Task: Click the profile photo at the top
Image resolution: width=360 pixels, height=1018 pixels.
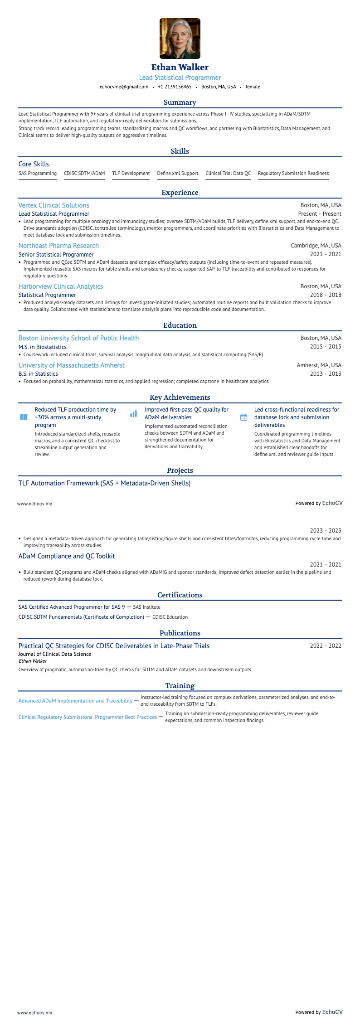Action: click(180, 39)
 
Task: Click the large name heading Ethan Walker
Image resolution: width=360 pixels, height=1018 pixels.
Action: click(180, 68)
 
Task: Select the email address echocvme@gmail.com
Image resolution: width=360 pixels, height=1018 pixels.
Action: click(124, 87)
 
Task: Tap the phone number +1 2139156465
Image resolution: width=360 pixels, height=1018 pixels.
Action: click(175, 87)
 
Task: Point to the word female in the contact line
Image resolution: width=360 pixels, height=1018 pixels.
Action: click(253, 87)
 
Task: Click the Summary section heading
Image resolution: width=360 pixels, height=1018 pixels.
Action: click(180, 102)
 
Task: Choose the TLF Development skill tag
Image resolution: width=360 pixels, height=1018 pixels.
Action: click(131, 173)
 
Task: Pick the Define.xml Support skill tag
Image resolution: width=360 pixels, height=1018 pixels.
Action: click(177, 173)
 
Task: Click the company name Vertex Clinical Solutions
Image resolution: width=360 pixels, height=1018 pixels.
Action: click(54, 205)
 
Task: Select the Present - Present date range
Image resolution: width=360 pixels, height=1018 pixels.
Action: click(319, 214)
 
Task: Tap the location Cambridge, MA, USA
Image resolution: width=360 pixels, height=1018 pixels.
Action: click(316, 246)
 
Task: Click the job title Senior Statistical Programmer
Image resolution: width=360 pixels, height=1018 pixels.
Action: click(56, 255)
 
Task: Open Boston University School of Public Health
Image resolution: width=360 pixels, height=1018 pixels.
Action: click(78, 338)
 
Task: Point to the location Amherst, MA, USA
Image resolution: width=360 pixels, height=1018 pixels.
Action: click(319, 365)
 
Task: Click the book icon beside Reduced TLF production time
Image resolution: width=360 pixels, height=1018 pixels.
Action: click(24, 417)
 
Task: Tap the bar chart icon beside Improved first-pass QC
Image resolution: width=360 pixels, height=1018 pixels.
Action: click(133, 414)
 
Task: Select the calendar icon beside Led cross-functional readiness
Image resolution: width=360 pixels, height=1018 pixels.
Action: click(243, 417)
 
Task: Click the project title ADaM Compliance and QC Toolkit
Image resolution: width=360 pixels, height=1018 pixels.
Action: click(67, 556)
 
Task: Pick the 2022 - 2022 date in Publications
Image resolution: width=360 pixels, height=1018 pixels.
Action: click(325, 646)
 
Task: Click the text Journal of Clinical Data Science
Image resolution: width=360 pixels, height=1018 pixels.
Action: click(54, 654)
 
